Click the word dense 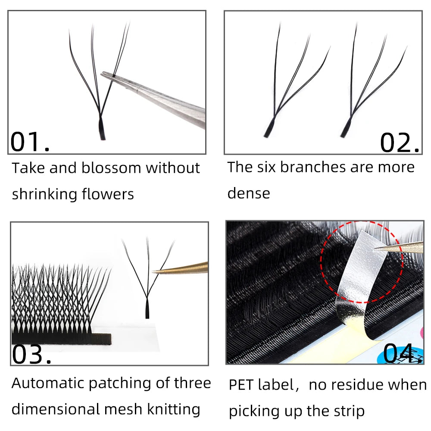[x=249, y=193]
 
